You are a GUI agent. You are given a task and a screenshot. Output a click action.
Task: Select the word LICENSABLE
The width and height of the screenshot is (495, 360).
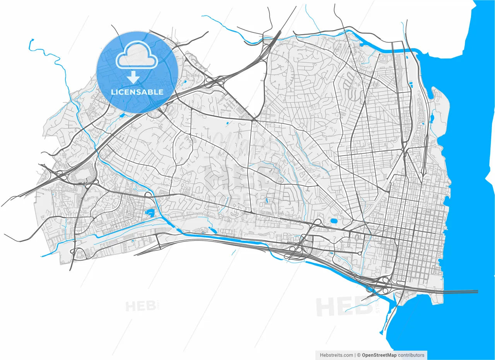coord(137,92)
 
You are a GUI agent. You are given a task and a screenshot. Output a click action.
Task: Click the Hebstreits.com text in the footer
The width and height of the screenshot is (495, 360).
coord(336,355)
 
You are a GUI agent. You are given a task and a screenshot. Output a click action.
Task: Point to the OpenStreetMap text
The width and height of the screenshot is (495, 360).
coord(379,355)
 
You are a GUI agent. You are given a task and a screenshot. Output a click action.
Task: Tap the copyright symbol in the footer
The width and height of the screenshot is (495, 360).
coord(358,355)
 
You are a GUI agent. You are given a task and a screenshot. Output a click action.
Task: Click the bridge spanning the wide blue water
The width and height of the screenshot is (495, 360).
coord(460,291)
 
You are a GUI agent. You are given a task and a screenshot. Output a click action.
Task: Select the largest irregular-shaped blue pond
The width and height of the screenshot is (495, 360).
coord(149,212)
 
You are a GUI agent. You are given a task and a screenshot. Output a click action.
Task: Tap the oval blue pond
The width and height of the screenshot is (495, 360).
coord(333,221)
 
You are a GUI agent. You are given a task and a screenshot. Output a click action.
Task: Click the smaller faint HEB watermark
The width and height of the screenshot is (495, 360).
coord(138,306)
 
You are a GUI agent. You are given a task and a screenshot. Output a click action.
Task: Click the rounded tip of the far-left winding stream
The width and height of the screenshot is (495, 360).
coord(32,40)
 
